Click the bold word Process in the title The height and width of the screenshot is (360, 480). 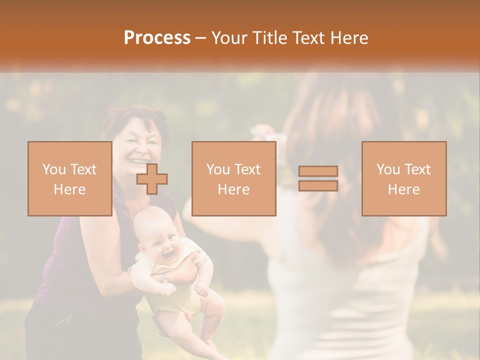coord(157,38)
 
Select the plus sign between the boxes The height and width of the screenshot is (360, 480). coord(152,179)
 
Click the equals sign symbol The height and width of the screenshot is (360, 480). coord(318,178)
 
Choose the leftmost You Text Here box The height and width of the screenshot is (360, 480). coord(69,178)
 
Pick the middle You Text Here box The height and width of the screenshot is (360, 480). coord(233,178)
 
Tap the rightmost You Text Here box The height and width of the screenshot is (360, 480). coord(403,178)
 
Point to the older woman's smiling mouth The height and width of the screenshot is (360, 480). coord(135,161)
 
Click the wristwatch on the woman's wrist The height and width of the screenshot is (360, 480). coord(165,278)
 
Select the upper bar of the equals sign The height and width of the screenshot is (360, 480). coord(318,171)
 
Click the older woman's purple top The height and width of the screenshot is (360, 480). coord(60,265)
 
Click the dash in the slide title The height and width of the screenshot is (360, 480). coord(200,38)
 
